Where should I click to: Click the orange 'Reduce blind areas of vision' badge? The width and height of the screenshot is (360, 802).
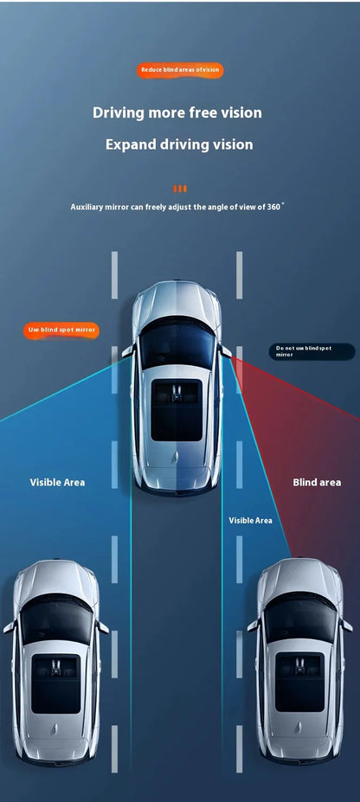(x=180, y=70)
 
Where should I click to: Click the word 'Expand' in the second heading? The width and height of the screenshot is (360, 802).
(x=131, y=144)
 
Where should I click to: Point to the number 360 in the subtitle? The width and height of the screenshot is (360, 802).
(x=273, y=207)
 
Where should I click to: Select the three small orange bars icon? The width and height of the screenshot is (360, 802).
(x=180, y=189)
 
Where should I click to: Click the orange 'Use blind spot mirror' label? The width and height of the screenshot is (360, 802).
(x=61, y=330)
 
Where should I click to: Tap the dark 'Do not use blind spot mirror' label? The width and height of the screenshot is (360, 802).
(x=312, y=351)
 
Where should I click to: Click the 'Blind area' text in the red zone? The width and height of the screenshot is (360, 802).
(x=317, y=483)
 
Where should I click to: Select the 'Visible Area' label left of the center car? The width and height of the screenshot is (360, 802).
(x=57, y=483)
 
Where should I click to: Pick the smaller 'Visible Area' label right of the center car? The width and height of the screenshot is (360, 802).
(x=251, y=520)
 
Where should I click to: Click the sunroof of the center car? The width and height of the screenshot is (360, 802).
(x=177, y=410)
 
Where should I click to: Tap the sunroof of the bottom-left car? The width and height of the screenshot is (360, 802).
(x=55, y=683)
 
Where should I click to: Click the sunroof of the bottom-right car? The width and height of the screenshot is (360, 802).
(x=299, y=682)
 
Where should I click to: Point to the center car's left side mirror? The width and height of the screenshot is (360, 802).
(x=127, y=351)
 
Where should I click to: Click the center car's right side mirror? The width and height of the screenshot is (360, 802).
(x=225, y=351)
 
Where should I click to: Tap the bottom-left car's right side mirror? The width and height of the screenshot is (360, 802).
(x=103, y=627)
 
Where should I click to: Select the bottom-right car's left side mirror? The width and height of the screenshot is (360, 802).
(x=253, y=625)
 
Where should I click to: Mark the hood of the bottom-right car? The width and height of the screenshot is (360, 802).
(x=299, y=578)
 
